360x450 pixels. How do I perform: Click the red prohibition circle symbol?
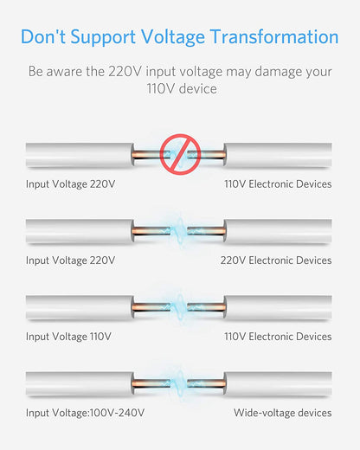[x=180, y=154]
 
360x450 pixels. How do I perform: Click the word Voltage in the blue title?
[x=173, y=37]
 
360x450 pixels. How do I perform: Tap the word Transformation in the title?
[x=274, y=36]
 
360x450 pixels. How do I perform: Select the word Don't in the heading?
[x=43, y=36]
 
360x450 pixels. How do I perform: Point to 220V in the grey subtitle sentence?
[x=125, y=71]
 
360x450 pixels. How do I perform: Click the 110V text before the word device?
[x=161, y=88]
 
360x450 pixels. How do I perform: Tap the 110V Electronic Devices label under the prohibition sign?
[x=278, y=184]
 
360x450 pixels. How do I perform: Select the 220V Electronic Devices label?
[x=276, y=260]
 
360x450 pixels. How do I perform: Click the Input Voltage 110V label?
[x=68, y=337]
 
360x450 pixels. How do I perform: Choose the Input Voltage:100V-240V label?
[x=85, y=413]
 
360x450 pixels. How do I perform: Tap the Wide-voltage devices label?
[x=282, y=413]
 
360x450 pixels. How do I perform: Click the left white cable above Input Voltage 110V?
[x=80, y=307]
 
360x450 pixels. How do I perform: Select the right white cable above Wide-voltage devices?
[x=278, y=383]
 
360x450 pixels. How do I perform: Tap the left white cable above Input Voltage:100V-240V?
[x=80, y=383]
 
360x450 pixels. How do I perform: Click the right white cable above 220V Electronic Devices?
[x=278, y=231]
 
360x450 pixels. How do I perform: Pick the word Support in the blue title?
[x=103, y=38]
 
